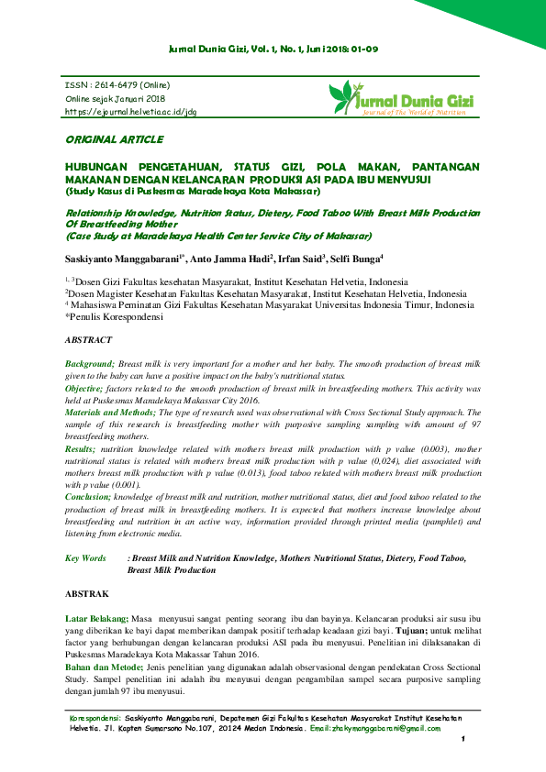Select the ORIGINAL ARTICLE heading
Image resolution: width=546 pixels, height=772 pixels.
(x=114, y=139)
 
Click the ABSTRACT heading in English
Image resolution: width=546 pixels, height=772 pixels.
(x=89, y=339)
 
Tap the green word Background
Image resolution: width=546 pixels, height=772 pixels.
(x=89, y=364)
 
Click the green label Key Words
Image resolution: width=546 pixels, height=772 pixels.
(x=85, y=558)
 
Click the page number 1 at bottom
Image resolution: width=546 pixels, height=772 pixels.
(x=465, y=739)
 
